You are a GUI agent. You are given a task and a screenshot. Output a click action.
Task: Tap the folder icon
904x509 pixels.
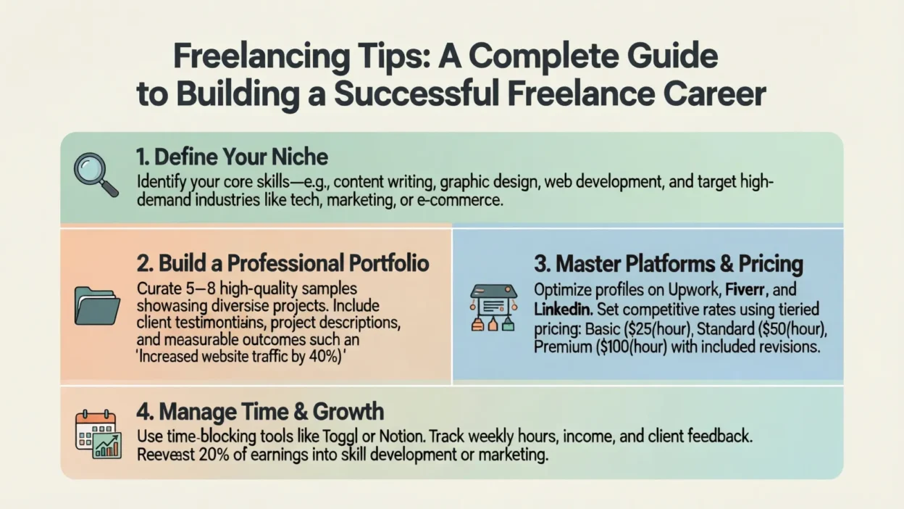pos(97,306)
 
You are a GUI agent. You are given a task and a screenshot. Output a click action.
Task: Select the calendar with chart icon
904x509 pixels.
pos(99,434)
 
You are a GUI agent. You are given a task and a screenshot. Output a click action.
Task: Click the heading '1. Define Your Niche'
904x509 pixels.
pos(232,157)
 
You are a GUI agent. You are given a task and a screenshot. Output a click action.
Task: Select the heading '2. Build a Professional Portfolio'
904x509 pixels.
pos(282,263)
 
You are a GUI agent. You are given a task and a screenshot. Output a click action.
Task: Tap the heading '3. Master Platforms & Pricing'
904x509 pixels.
pos(669,264)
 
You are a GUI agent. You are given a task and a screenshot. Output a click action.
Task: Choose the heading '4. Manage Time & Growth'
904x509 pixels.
pos(260,411)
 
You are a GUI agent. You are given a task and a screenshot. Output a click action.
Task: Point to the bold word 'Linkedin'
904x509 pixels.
pos(564,310)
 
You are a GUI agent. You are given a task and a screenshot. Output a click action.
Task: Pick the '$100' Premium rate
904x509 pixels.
pos(616,347)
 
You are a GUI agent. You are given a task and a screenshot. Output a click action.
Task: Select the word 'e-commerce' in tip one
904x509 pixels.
pos(459,200)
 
